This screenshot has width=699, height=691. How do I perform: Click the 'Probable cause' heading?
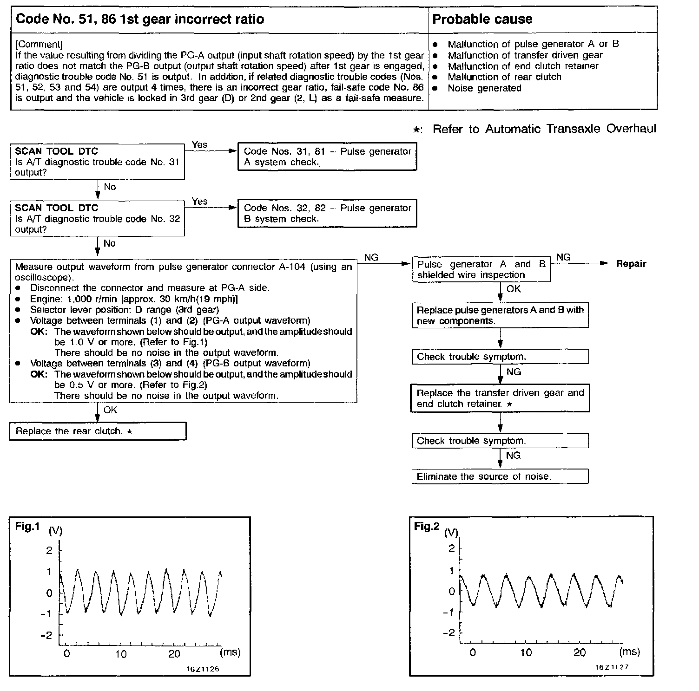tap(482, 19)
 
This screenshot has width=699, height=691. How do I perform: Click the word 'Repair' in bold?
tap(631, 264)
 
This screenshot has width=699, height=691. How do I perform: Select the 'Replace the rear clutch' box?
tap(98, 431)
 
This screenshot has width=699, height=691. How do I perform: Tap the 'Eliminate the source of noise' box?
tap(500, 476)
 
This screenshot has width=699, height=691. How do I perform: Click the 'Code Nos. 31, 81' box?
tap(327, 156)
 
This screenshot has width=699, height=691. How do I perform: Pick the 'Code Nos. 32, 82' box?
tap(327, 213)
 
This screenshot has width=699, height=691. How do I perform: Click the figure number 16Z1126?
tap(203, 669)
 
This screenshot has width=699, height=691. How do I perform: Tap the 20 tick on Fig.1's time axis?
tap(174, 654)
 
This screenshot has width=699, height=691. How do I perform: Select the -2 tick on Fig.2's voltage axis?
tap(448, 633)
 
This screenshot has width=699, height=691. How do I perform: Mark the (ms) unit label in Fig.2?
tap(629, 652)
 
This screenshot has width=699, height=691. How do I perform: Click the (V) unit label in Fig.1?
tap(55, 531)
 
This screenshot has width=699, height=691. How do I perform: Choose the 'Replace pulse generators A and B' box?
tap(500, 315)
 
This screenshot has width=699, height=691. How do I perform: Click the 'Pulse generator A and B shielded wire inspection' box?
tap(481, 269)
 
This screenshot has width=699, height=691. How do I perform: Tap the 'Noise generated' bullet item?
tap(484, 88)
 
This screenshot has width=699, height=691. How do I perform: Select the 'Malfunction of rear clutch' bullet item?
tap(504, 77)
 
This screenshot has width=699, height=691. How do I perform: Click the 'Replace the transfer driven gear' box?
tap(500, 398)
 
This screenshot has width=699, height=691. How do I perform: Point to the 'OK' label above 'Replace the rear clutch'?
tap(111, 410)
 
